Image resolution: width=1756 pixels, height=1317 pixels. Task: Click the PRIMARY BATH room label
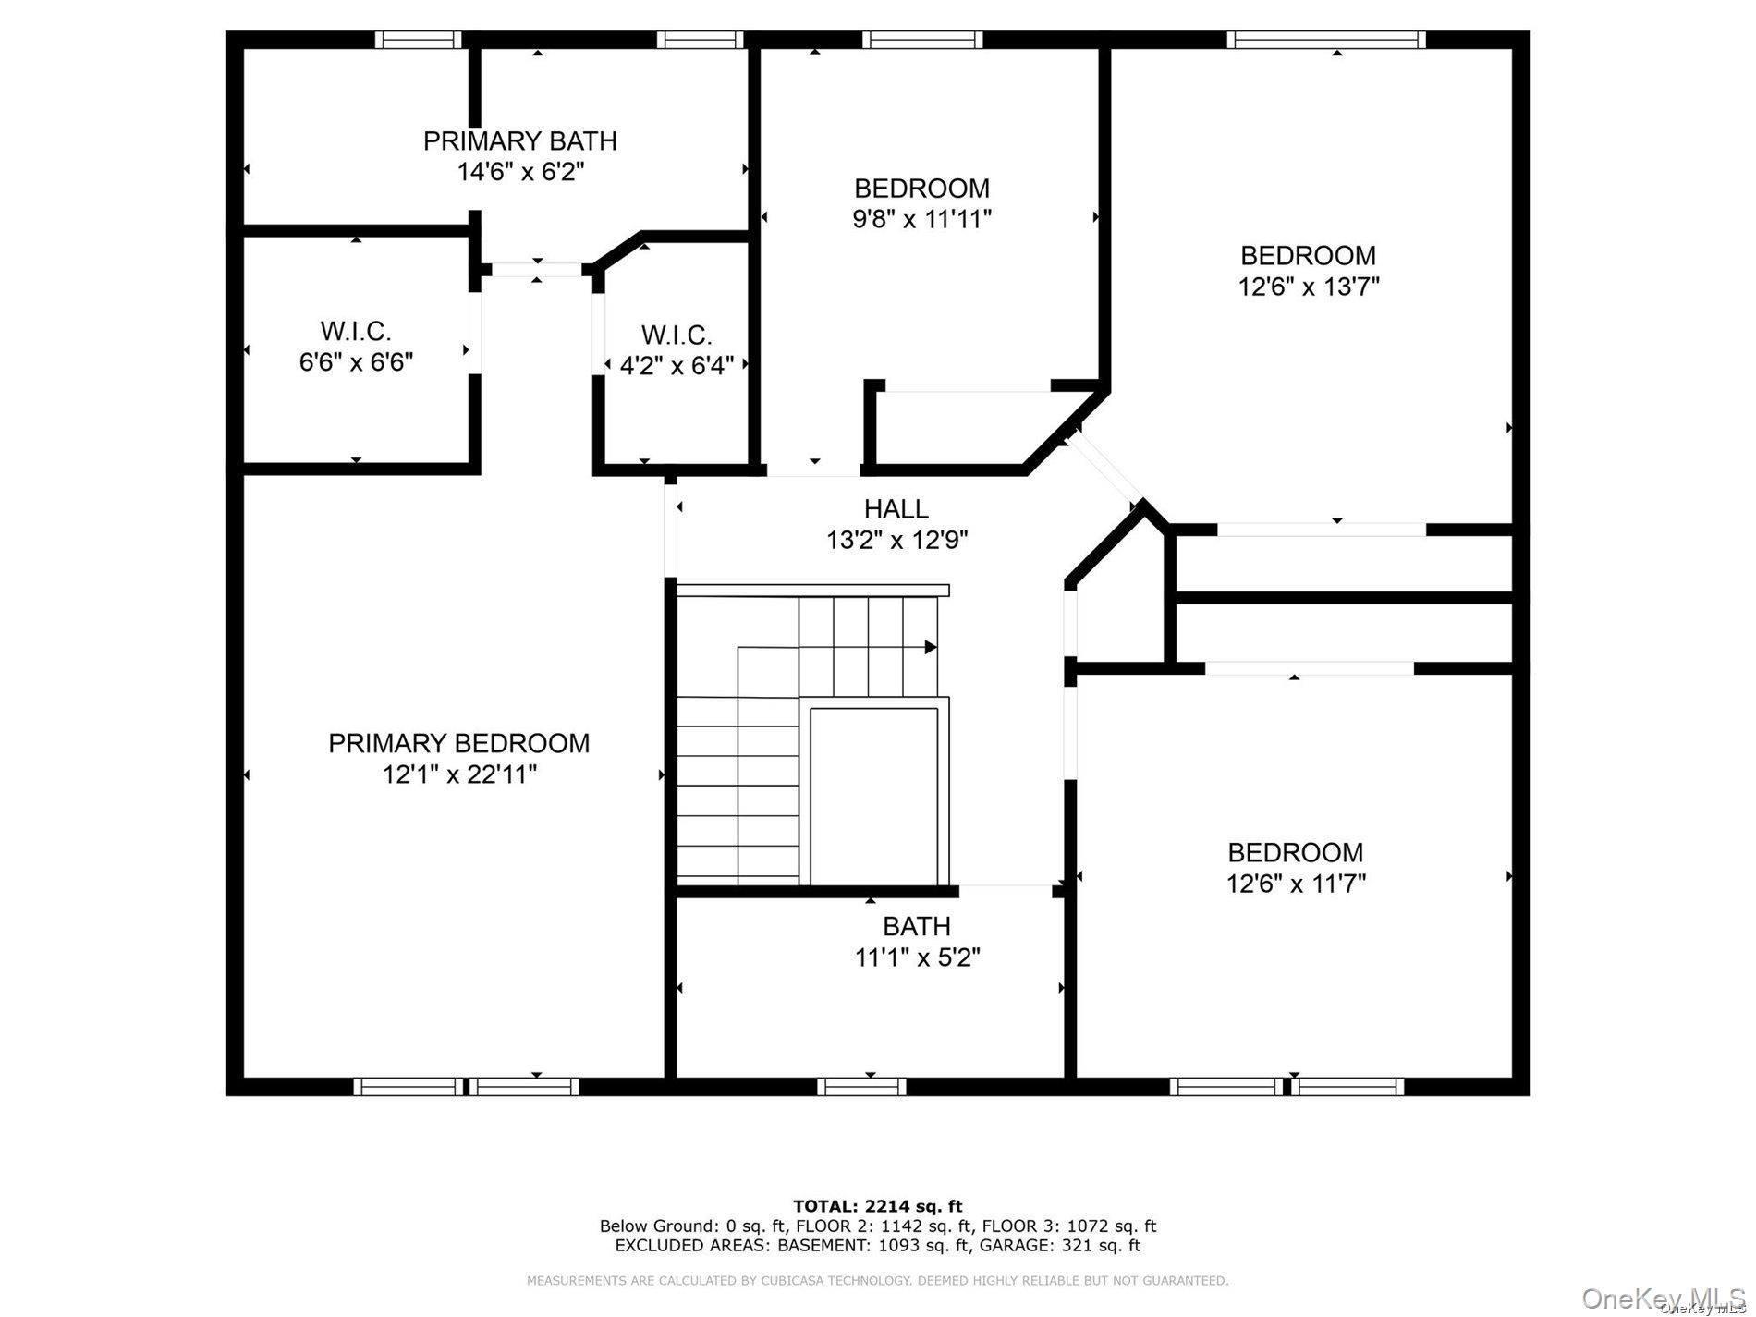tap(519, 141)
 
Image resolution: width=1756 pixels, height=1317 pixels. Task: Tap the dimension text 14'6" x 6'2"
tap(520, 172)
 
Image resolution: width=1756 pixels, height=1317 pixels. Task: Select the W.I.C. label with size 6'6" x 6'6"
tap(356, 331)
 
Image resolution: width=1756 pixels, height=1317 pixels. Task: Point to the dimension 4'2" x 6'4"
tap(677, 366)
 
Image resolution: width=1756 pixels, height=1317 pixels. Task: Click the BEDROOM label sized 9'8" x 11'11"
tap(921, 189)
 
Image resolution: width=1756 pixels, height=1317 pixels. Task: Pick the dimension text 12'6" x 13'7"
tap(1308, 287)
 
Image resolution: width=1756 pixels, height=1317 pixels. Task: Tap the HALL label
tap(896, 509)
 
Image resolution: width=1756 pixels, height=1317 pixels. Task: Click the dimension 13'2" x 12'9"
tap(896, 540)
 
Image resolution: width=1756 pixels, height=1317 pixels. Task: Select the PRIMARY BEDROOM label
tap(458, 743)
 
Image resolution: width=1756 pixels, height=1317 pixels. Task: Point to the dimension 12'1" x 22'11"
tap(459, 774)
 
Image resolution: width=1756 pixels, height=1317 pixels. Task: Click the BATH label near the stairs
tap(916, 926)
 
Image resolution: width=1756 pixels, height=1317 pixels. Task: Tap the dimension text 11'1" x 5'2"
tap(917, 957)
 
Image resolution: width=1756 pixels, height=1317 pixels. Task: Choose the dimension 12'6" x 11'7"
tap(1295, 884)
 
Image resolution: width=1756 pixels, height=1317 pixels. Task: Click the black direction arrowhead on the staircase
tap(931, 647)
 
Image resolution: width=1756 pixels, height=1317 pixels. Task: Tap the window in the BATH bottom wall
tap(860, 1086)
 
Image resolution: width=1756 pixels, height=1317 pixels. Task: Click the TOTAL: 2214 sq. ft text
tap(877, 1206)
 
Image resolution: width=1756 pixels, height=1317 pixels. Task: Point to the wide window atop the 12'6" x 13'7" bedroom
tap(1325, 39)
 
